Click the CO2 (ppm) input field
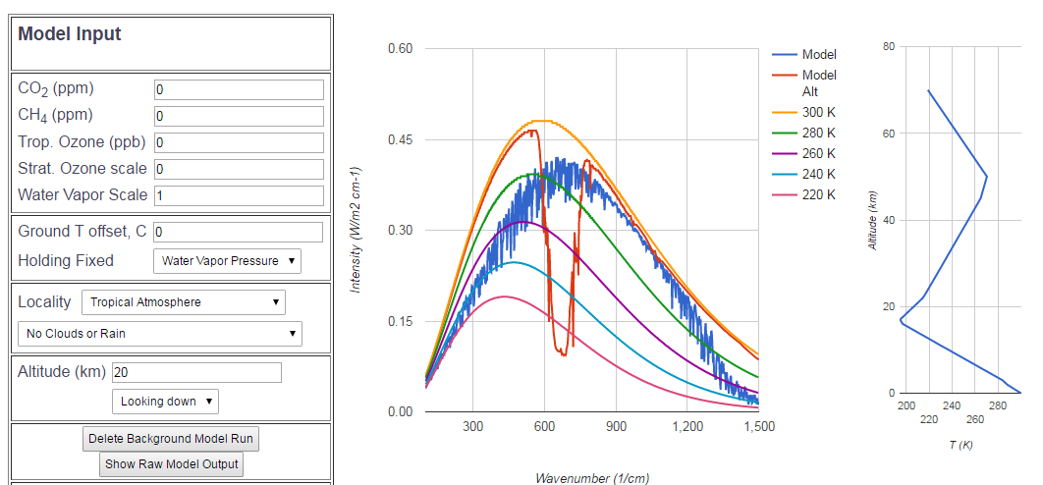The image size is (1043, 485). [x=239, y=89]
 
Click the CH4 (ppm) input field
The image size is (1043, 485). [x=239, y=116]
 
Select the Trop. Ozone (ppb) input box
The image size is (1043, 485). [x=239, y=142]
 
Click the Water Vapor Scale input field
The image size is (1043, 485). [x=239, y=195]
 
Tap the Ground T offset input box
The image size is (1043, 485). [x=239, y=232]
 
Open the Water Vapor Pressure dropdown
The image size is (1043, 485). [x=227, y=260]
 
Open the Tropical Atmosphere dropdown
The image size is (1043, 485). [x=184, y=302]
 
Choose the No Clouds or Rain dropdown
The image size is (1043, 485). [x=160, y=334]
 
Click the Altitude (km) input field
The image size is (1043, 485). [x=196, y=373]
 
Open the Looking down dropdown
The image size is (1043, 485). [x=165, y=402]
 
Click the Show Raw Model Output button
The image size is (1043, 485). [x=172, y=464]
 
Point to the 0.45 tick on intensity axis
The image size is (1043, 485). [x=400, y=139]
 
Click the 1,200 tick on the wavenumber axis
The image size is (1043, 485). [x=687, y=427]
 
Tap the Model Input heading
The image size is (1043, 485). [x=70, y=34]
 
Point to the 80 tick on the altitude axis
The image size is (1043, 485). [x=888, y=46]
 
